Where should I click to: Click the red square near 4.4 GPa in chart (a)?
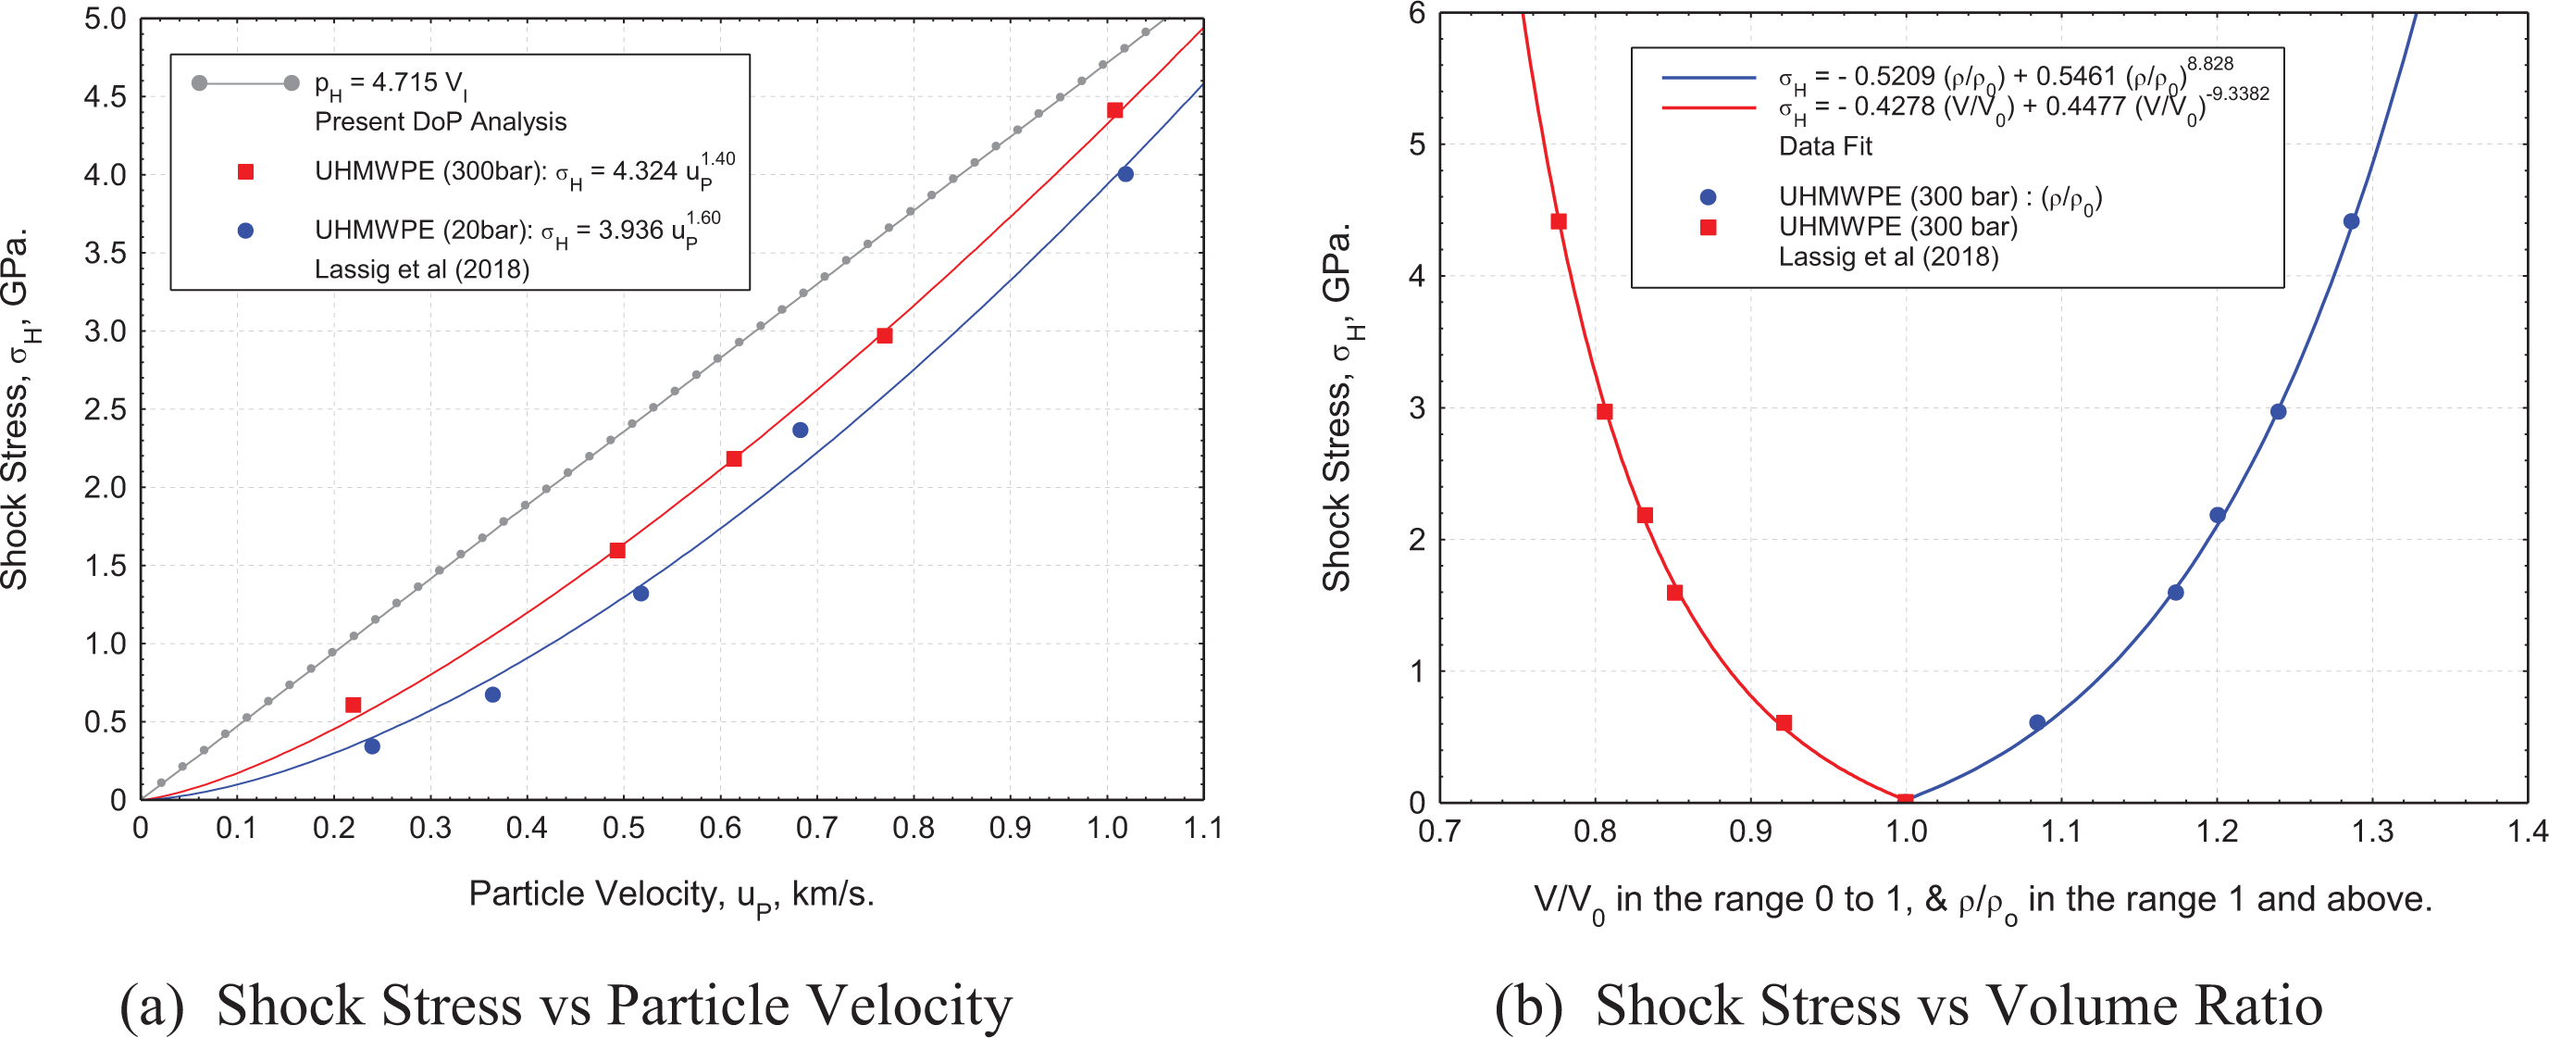click(1115, 111)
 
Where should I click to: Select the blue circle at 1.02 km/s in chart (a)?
click(1125, 174)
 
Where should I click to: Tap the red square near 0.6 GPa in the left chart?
click(354, 706)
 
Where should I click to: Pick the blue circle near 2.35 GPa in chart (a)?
click(801, 431)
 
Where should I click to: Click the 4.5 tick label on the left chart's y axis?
click(106, 97)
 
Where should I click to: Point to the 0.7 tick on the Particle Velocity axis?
click(816, 827)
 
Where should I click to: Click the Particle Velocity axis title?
click(672, 896)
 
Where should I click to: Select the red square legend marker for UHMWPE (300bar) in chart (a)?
click(246, 172)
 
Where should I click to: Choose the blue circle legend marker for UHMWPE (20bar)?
click(246, 231)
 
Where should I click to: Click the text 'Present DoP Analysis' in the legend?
click(441, 121)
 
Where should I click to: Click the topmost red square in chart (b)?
click(1559, 221)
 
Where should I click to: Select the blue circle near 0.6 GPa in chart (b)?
click(2037, 723)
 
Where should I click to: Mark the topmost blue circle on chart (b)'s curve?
click(2351, 221)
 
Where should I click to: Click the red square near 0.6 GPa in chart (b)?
click(1784, 723)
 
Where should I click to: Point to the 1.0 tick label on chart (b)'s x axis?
click(1906, 832)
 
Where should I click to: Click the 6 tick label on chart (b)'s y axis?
click(1417, 14)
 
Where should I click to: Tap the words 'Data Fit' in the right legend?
click(1825, 146)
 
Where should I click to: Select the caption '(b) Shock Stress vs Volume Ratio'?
click(1909, 1007)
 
